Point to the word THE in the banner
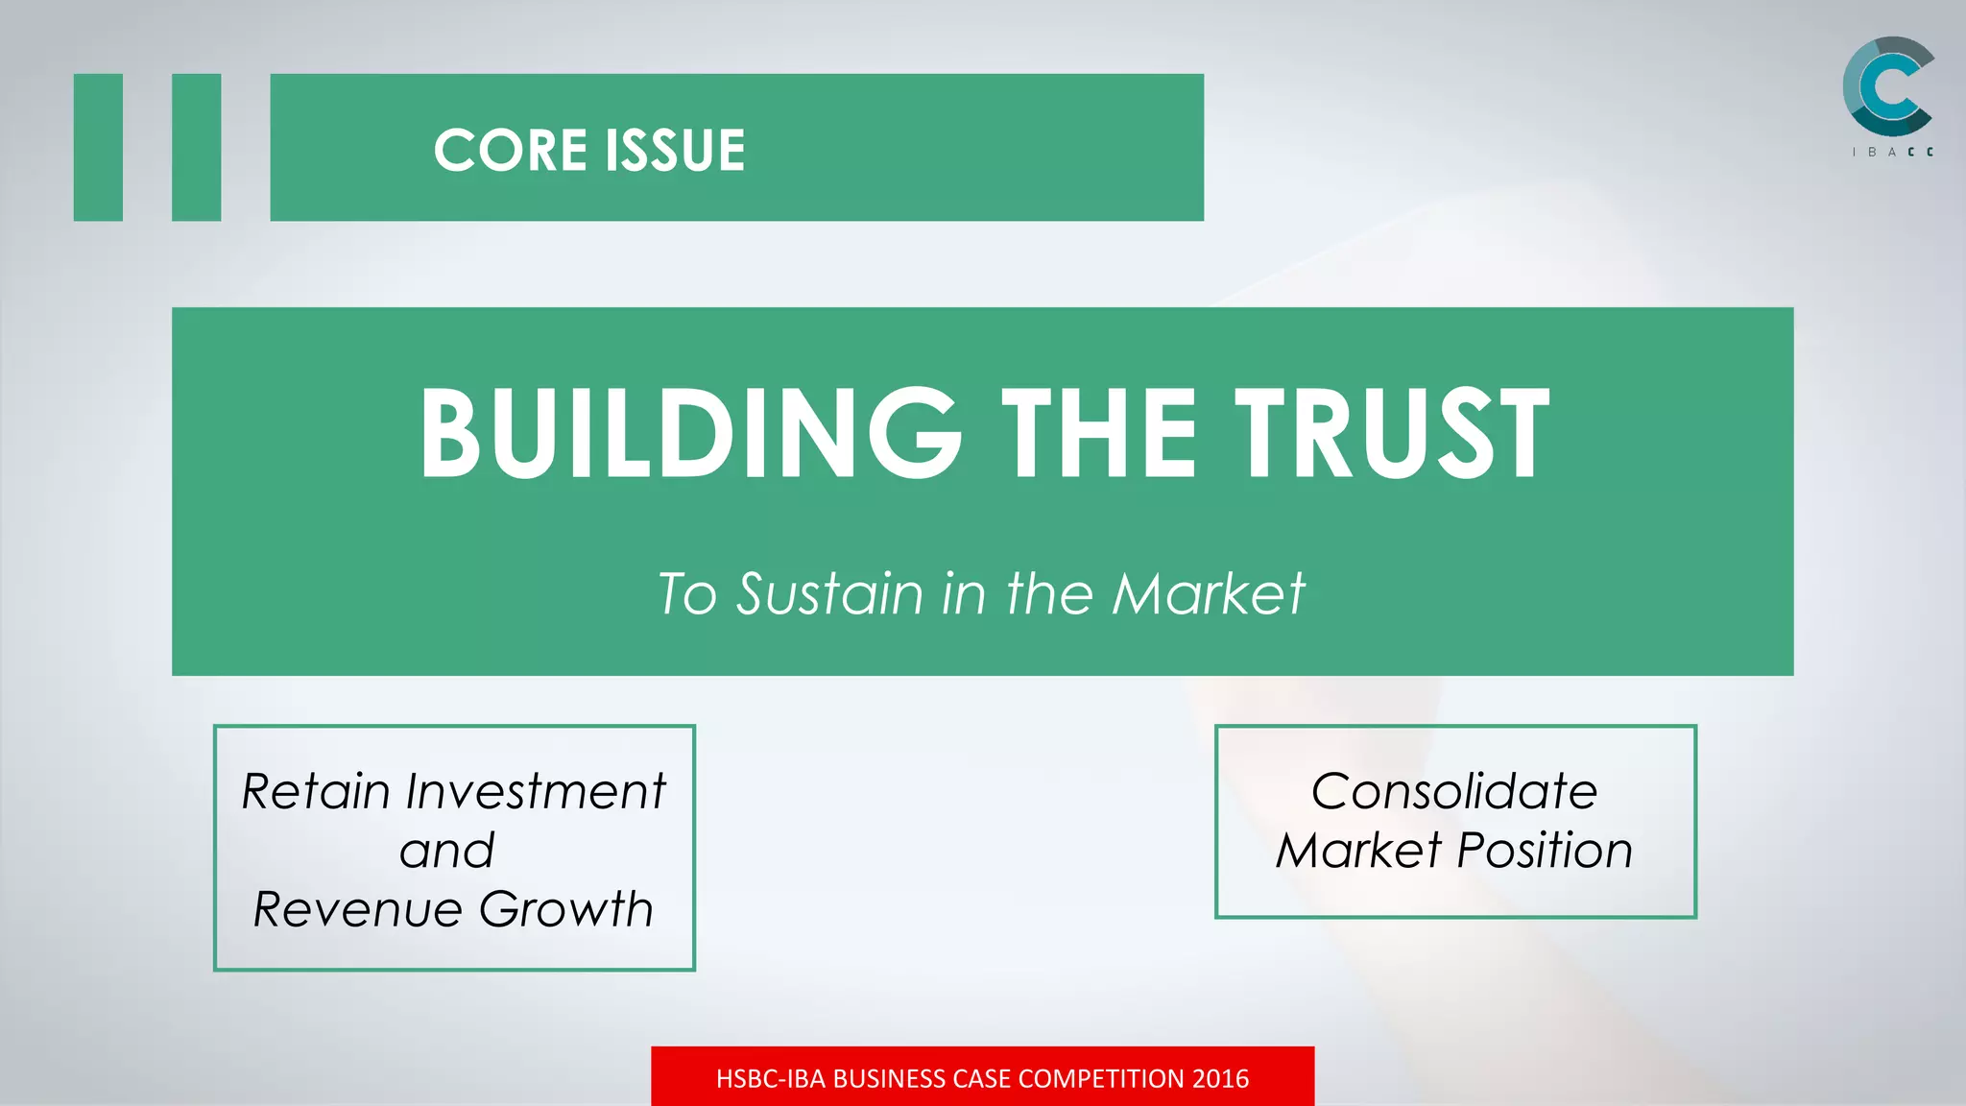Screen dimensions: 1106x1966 pyautogui.click(x=1099, y=433)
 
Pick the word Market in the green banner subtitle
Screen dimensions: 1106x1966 pyautogui.click(x=1209, y=593)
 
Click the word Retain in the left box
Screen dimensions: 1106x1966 pyautogui.click(x=316, y=792)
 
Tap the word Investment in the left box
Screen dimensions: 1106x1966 pyautogui.click(x=536, y=792)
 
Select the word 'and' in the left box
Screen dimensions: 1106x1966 pyautogui.click(x=447, y=851)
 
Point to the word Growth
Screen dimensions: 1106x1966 pyautogui.click(x=566, y=909)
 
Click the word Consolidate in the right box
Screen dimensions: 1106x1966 pyautogui.click(x=1454, y=792)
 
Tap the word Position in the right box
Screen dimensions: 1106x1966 pyautogui.click(x=1545, y=851)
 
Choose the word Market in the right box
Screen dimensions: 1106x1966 pyautogui.click(x=1358, y=851)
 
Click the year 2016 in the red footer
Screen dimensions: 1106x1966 pyautogui.click(x=1220, y=1079)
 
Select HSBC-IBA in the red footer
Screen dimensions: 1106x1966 pyautogui.click(x=771, y=1079)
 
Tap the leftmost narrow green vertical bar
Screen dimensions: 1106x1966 pyautogui.click(x=98, y=147)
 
